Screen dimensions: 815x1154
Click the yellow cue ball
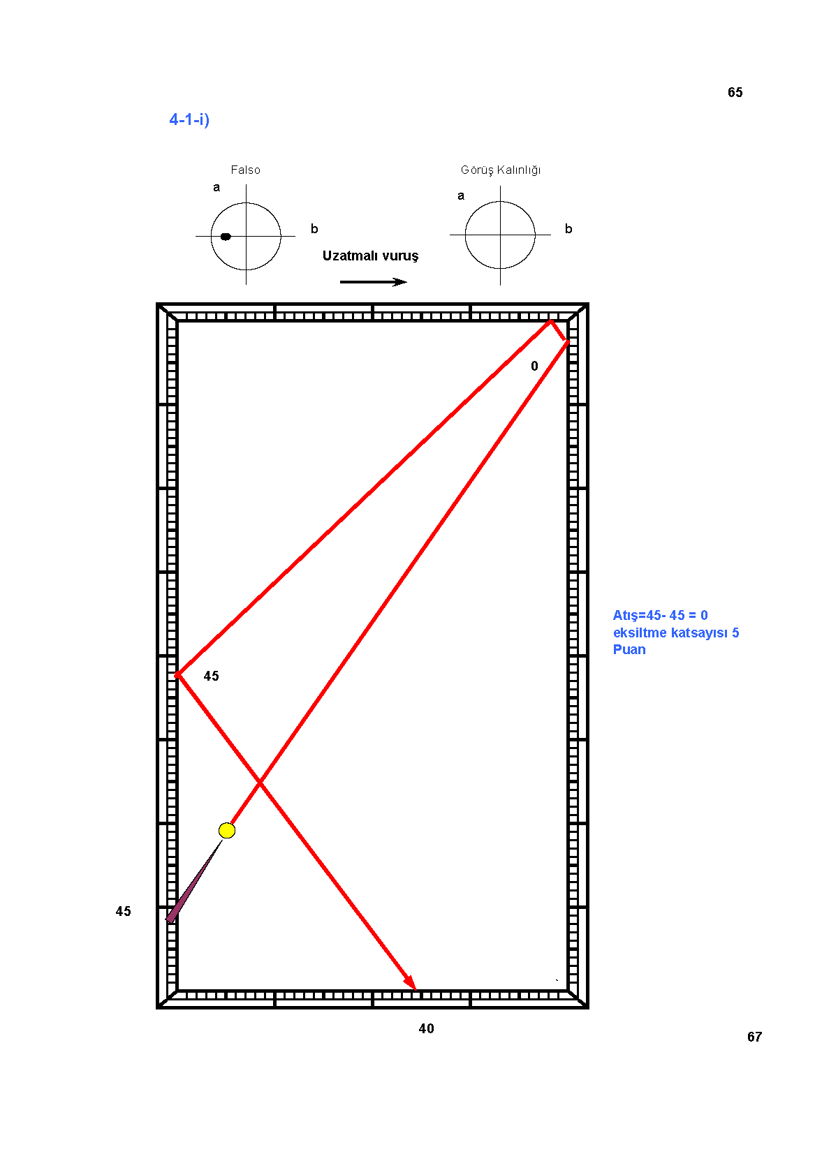(x=227, y=831)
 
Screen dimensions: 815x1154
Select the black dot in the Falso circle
(x=226, y=237)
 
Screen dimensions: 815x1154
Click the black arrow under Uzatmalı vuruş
(x=373, y=282)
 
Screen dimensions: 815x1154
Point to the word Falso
(x=245, y=170)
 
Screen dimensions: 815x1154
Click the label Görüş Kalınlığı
(x=501, y=170)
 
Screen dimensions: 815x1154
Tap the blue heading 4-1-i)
(x=189, y=119)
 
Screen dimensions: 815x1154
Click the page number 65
(x=735, y=92)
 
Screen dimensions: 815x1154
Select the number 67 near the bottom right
(x=755, y=1037)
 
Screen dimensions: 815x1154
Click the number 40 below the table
(x=426, y=1028)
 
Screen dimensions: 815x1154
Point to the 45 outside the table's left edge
(x=123, y=911)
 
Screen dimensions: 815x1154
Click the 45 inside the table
(x=212, y=675)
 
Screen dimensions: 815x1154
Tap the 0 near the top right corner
(x=534, y=366)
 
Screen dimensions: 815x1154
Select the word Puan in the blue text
(x=629, y=650)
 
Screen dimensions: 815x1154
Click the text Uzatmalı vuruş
(x=371, y=256)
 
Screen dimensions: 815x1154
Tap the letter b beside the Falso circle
(x=314, y=229)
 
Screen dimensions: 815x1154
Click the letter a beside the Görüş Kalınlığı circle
(x=461, y=195)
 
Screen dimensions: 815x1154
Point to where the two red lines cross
(x=260, y=783)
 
